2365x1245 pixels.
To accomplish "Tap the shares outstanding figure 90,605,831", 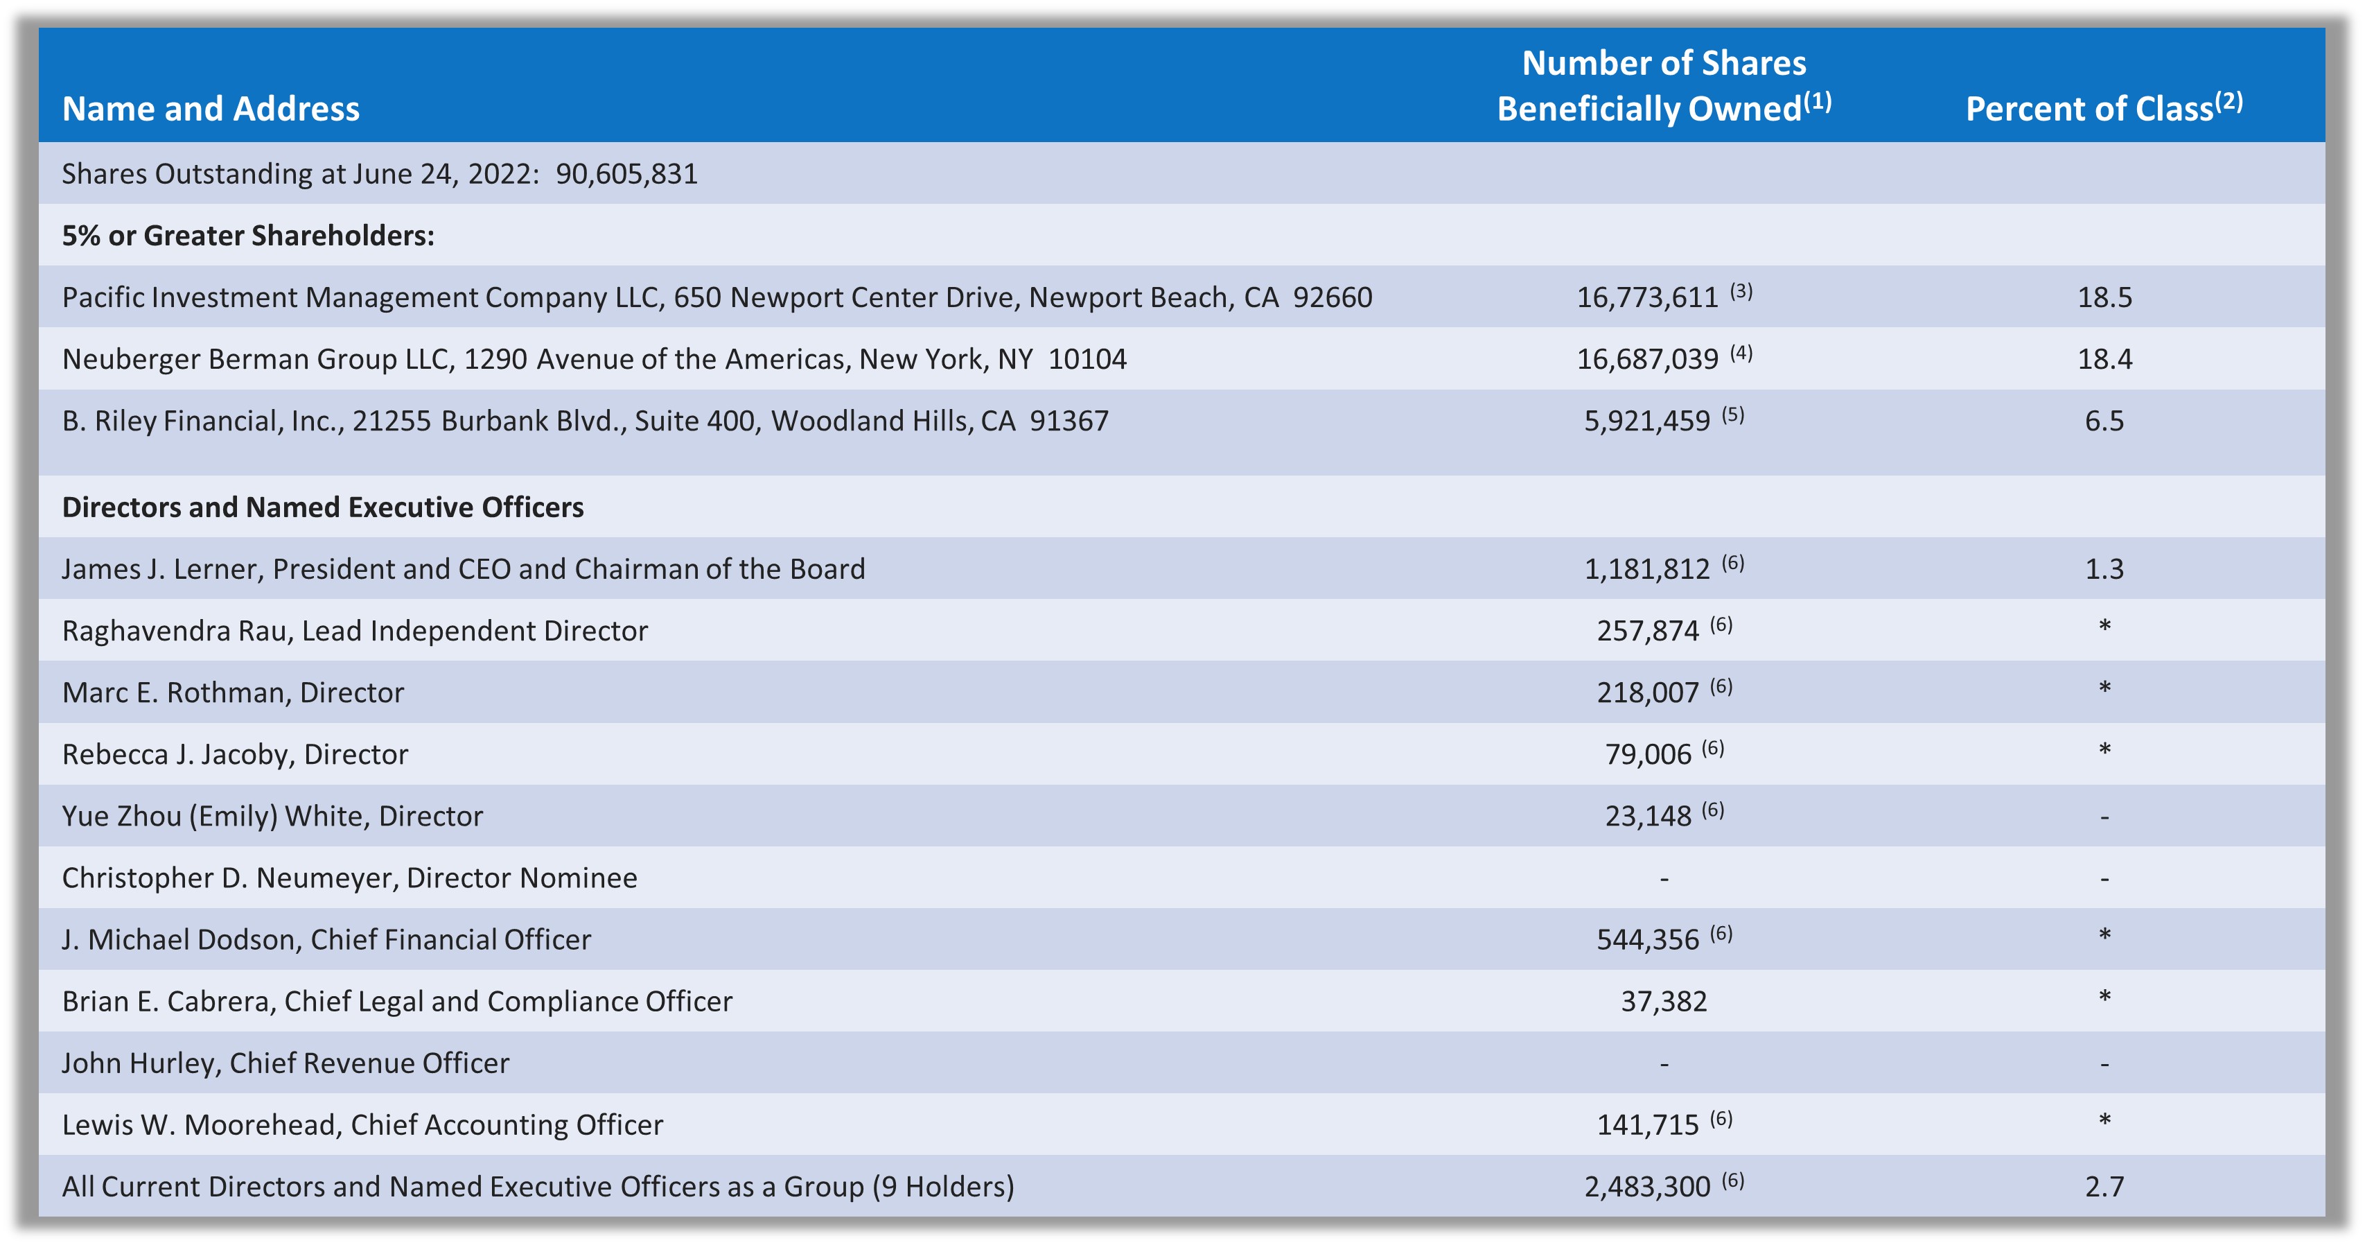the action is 626,173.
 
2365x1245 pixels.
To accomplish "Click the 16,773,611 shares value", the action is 1647,297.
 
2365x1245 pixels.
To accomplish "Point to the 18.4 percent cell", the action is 2104,359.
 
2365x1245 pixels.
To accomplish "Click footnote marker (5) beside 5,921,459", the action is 1732,415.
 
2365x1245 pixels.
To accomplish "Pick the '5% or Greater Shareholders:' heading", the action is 248,236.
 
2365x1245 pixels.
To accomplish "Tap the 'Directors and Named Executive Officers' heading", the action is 322,507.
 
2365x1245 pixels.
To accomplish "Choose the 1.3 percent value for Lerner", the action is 2104,569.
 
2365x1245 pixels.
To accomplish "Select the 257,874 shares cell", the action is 1648,631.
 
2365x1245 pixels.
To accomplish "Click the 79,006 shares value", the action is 1648,755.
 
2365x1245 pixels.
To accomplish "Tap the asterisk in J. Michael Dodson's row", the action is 2104,936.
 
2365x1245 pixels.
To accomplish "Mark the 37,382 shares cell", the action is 1664,1002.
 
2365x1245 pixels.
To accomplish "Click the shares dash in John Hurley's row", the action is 1664,1065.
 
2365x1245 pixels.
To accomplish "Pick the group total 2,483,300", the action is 1647,1187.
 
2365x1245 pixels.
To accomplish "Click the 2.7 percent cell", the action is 2104,1187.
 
